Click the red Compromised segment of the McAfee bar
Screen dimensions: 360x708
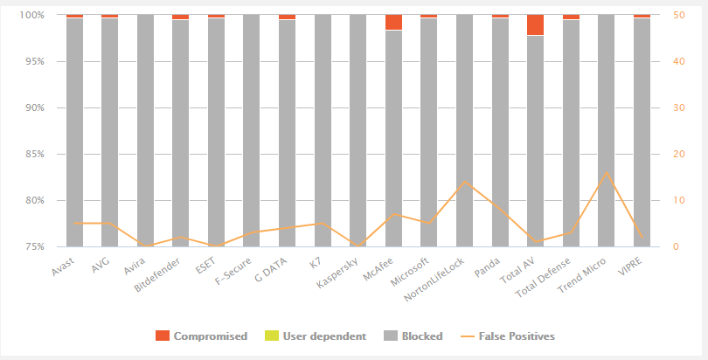point(393,23)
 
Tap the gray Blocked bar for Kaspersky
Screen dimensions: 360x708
point(357,131)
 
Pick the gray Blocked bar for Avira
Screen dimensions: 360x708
point(145,131)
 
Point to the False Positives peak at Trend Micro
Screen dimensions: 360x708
point(607,172)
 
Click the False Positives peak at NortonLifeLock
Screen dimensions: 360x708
point(464,182)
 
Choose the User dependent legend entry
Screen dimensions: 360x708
point(306,336)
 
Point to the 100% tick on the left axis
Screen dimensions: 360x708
point(32,16)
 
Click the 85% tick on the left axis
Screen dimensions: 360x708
point(35,154)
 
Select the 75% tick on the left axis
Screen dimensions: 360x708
point(35,246)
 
